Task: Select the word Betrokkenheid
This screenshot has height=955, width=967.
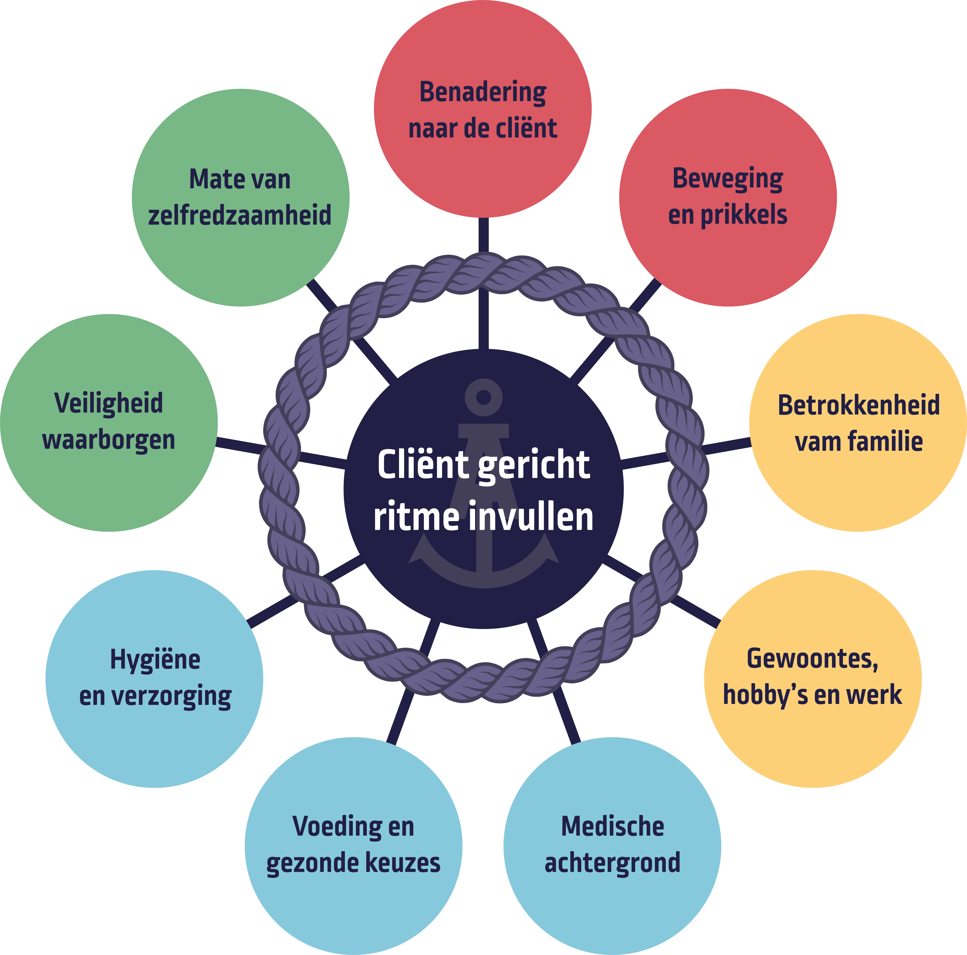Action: pyautogui.click(x=858, y=405)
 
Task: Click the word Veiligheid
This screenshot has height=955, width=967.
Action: pyautogui.click(x=109, y=403)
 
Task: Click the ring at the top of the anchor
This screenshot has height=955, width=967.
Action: pyautogui.click(x=483, y=397)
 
